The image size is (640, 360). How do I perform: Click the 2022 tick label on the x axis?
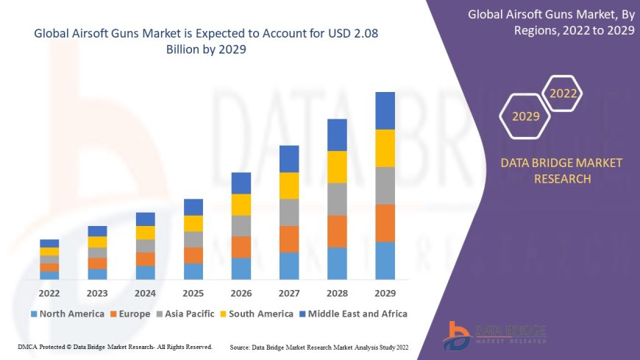pos(49,292)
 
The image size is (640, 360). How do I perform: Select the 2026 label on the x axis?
pos(241,292)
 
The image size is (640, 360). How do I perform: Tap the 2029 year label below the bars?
pos(385,292)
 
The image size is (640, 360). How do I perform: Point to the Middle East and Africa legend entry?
pos(355,314)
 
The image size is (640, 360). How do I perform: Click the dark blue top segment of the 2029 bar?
pos(385,110)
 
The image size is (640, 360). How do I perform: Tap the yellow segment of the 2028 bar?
pos(337,166)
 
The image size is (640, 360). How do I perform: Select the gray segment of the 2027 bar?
pos(289,212)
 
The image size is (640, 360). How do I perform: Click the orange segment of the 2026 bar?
pos(241,247)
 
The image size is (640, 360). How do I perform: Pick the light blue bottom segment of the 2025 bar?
pos(193,271)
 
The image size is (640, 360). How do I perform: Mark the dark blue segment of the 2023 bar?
pos(97,231)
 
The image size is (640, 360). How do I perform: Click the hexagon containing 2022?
pos(563,93)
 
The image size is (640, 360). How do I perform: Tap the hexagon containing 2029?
pos(525,116)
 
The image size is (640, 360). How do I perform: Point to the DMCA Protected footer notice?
pos(114,346)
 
